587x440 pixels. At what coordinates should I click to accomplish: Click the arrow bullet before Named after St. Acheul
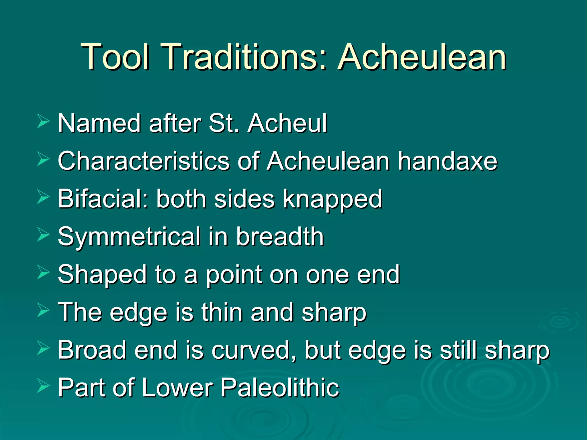click(43, 122)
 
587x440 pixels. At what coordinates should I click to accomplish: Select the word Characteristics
click(144, 161)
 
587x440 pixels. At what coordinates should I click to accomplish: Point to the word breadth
click(280, 237)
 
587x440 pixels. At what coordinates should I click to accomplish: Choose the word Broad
click(92, 350)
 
